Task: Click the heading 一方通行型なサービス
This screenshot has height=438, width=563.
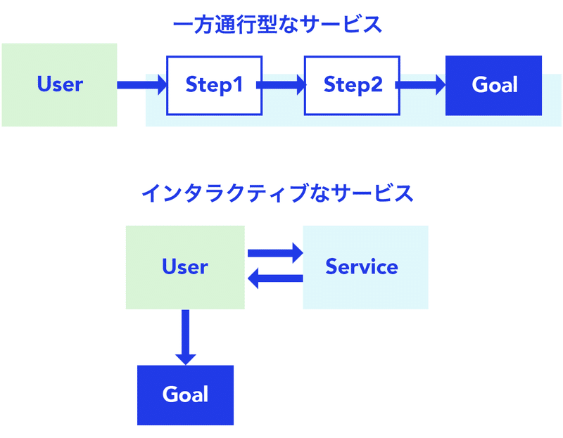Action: point(277,25)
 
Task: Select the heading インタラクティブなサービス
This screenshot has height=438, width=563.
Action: point(277,193)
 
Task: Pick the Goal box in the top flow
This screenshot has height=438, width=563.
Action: point(494,85)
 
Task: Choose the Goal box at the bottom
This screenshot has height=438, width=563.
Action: point(185,395)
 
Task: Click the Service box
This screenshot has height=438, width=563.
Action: point(365,267)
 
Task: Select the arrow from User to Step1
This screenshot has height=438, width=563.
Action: point(142,85)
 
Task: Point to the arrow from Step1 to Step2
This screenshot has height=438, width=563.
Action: point(281,85)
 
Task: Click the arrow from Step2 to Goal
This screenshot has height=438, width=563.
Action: point(420,85)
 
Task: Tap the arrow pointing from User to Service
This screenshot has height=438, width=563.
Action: point(275,253)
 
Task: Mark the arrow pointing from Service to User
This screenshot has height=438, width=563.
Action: point(275,278)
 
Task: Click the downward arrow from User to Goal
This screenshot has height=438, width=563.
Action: point(185,337)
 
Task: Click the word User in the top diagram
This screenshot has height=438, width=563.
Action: point(60,84)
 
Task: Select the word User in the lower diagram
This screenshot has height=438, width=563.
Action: point(185,266)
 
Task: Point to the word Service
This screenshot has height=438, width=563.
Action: point(362,266)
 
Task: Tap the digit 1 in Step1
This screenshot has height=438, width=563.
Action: point(237,84)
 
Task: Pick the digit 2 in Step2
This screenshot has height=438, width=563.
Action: point(376,84)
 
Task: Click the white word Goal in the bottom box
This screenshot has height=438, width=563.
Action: point(185,394)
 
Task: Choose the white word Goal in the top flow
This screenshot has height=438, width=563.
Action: point(495,84)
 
